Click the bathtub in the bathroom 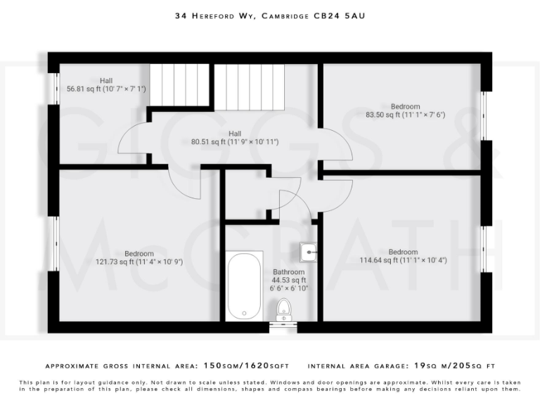click(x=245, y=285)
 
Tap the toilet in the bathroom click(x=284, y=308)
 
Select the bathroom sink click(x=308, y=250)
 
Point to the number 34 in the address click(x=181, y=15)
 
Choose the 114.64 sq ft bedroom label click(x=403, y=256)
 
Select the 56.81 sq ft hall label click(x=105, y=85)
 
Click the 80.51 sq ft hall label click(x=235, y=138)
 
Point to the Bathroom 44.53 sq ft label click(x=289, y=280)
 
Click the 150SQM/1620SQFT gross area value click(x=246, y=366)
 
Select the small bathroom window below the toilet click(x=284, y=326)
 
